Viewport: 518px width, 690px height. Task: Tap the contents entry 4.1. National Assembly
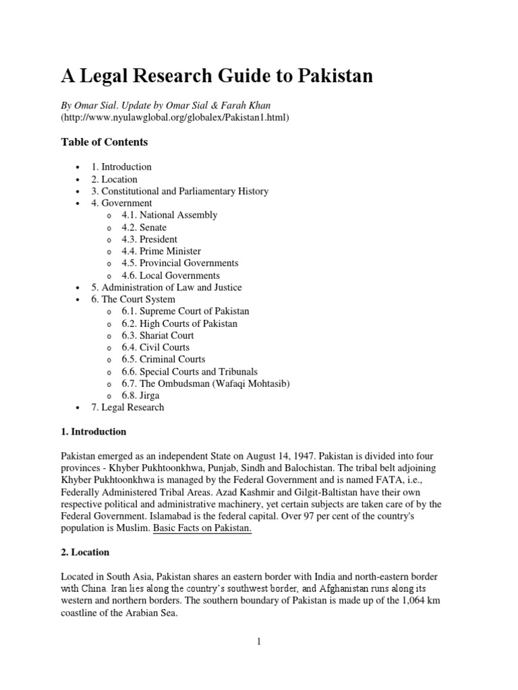tap(169, 215)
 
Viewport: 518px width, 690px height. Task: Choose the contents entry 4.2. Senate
tap(144, 227)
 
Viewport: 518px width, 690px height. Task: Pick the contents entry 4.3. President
tap(150, 239)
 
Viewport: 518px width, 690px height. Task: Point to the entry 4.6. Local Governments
tap(171, 276)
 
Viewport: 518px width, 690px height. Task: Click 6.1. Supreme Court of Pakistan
tap(185, 311)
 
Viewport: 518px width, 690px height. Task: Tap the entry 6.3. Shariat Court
tap(158, 336)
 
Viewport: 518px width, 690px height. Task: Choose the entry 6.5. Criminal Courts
tap(164, 359)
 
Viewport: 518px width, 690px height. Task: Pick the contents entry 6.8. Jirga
tap(142, 396)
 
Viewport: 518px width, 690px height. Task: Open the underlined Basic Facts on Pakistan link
tap(202, 528)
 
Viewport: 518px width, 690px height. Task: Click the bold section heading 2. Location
tap(85, 552)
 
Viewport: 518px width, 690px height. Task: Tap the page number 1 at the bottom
tap(258, 642)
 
